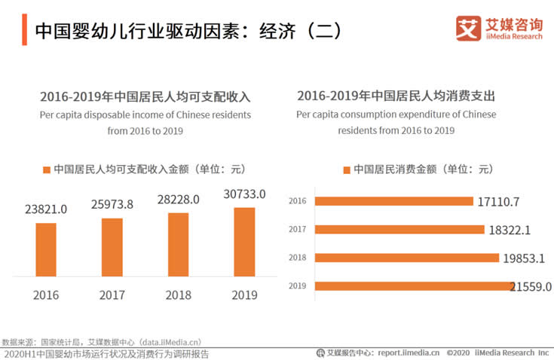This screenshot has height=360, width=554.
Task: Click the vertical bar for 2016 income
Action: click(45, 249)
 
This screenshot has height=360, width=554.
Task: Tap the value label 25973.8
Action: click(112, 205)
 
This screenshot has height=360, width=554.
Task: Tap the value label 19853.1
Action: click(527, 258)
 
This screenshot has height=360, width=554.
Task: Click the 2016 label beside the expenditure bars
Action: click(297, 201)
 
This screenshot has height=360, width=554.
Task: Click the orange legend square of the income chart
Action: click(47, 169)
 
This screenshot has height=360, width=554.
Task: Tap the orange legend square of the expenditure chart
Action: click(347, 169)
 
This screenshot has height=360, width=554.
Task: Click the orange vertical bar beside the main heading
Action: click(24, 29)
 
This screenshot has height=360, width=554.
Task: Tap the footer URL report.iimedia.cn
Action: click(409, 352)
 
